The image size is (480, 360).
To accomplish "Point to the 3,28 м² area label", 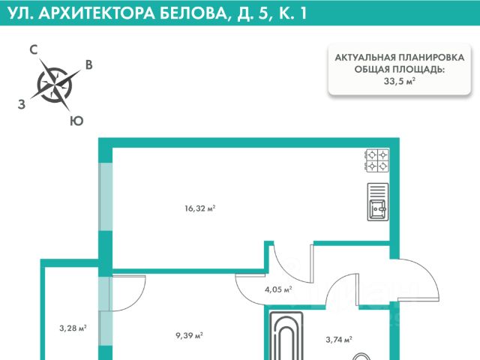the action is tap(73, 328).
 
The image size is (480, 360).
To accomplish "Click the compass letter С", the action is tap(34, 50).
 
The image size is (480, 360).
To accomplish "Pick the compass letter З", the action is tap(21, 105).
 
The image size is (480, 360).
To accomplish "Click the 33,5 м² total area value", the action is tap(399, 82).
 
